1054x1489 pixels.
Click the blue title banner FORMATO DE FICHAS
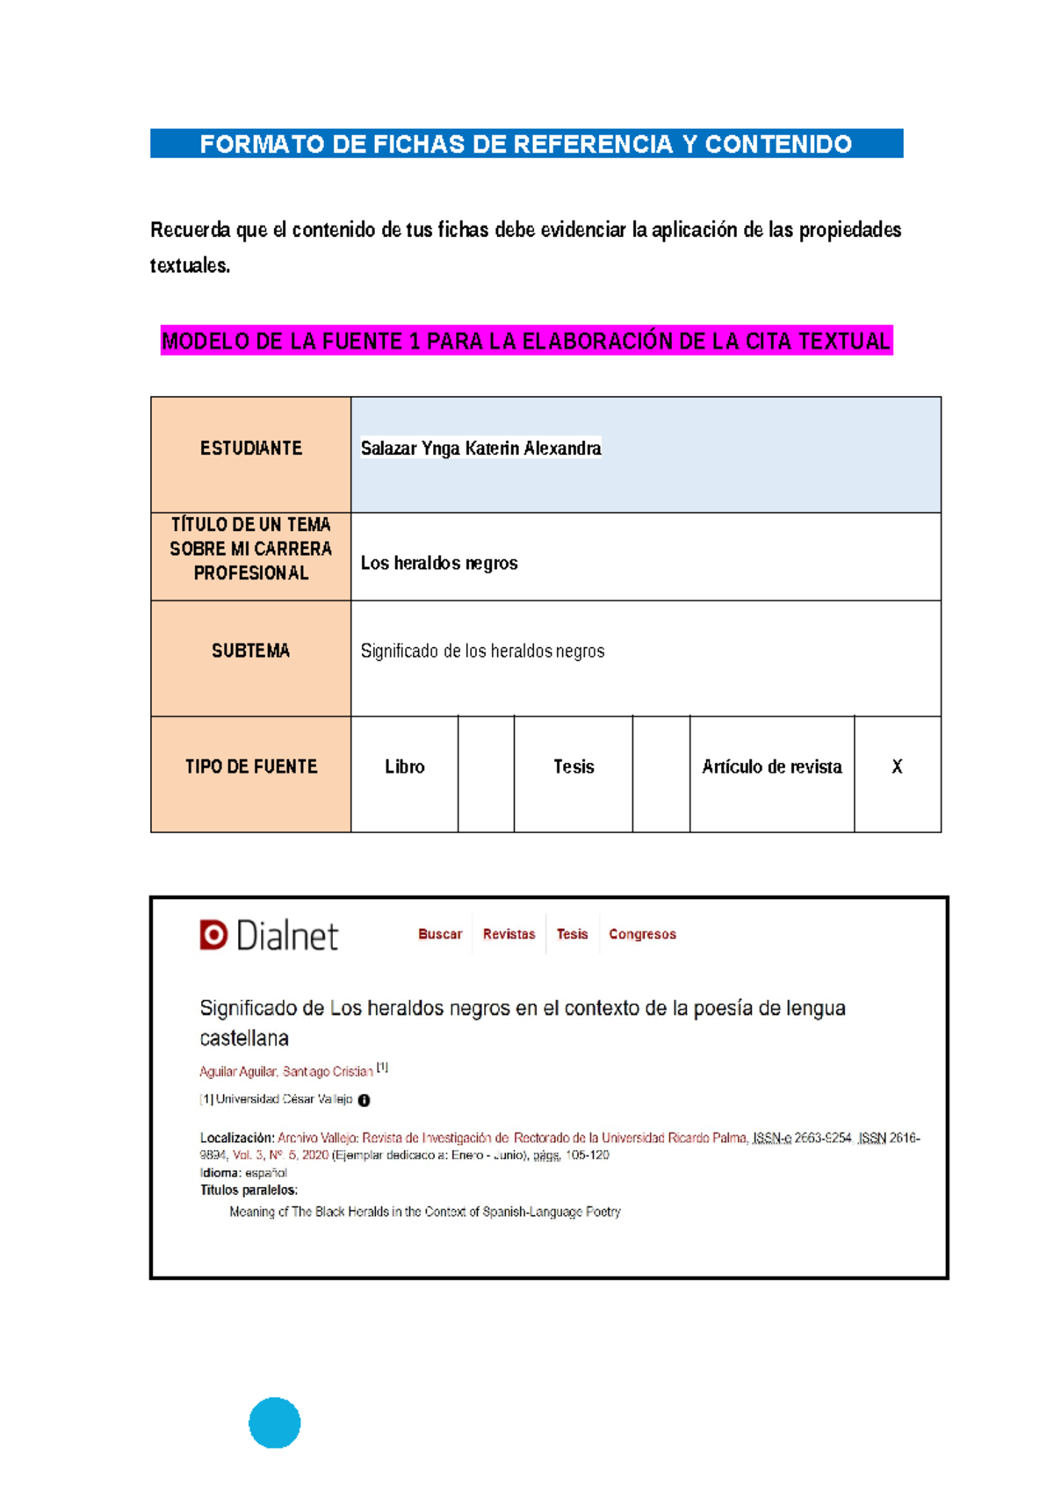click(x=526, y=144)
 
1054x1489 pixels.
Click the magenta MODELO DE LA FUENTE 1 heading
click(x=526, y=341)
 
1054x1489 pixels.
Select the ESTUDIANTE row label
click(x=250, y=449)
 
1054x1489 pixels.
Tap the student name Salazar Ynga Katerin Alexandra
click(x=480, y=449)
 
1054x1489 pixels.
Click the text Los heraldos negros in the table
click(x=439, y=564)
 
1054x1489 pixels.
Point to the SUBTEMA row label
click(x=250, y=651)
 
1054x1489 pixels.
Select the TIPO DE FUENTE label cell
click(x=250, y=766)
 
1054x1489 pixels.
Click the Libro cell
click(x=404, y=766)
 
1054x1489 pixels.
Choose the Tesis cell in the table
click(x=574, y=766)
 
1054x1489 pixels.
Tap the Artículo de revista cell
click(x=771, y=766)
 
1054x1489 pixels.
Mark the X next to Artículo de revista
click(x=897, y=766)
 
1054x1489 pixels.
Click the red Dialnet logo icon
click(x=213, y=935)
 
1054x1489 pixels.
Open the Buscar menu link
click(x=439, y=934)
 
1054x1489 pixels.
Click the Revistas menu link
click(x=509, y=934)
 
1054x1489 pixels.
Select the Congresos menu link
click(x=642, y=934)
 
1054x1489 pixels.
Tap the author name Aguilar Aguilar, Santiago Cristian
click(x=286, y=1072)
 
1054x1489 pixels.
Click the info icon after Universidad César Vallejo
click(x=364, y=1100)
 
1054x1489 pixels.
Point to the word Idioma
click(x=220, y=1173)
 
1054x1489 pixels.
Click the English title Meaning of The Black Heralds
click(x=424, y=1212)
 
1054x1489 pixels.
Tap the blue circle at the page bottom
click(x=275, y=1422)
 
